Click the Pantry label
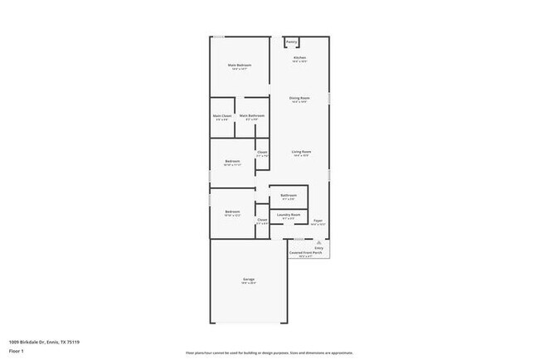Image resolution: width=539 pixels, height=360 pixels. [291, 42]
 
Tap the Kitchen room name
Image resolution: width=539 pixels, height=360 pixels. [299, 57]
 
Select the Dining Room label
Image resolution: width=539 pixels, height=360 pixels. [299, 98]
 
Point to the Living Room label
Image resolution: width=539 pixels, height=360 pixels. [300, 152]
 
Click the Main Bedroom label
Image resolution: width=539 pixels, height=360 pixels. [240, 65]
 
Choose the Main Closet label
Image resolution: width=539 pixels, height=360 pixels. [221, 115]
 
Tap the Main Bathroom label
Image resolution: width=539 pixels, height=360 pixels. [252, 115]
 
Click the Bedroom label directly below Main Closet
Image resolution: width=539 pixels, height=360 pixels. [232, 161]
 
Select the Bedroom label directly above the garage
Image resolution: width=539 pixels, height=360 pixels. [232, 212]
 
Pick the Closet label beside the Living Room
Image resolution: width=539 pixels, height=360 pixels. [262, 152]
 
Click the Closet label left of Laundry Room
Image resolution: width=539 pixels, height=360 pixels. [262, 219]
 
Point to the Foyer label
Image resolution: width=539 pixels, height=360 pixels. [318, 221]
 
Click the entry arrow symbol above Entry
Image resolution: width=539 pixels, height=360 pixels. [319, 241]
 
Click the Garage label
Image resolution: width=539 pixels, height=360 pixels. [249, 280]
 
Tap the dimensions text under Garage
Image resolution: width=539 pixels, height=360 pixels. [249, 284]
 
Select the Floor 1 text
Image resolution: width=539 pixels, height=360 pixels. [16, 351]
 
